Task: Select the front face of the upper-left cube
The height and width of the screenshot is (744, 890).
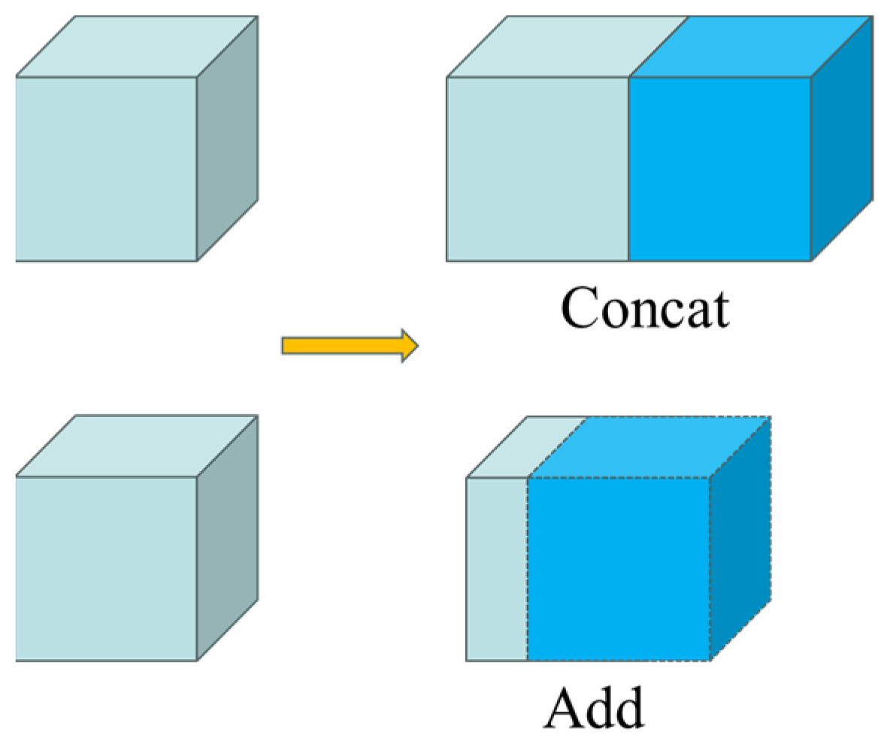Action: coord(106,168)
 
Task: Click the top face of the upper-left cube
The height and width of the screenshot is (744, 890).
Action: coord(137,47)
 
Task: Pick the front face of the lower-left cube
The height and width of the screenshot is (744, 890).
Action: coord(106,568)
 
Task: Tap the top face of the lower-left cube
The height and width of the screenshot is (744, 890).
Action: coord(137,446)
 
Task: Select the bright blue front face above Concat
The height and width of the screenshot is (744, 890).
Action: coord(719,168)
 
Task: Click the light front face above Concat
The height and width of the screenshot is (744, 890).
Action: coord(537,168)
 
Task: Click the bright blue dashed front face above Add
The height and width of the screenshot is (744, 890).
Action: coord(619,568)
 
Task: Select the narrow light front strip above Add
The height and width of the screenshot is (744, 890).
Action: coord(497,568)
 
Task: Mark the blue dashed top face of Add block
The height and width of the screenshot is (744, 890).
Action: coord(649,446)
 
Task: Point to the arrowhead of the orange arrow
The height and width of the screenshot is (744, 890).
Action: coord(408,345)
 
